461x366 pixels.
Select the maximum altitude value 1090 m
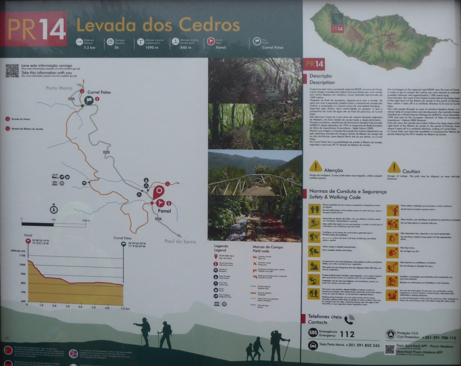[151, 47]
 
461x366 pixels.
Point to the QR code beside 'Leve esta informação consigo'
[12, 70]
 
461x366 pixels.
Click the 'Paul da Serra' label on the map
[180, 241]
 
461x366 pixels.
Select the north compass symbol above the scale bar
[53, 209]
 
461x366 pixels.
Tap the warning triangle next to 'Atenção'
[316, 166]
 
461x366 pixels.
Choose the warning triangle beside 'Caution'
[394, 167]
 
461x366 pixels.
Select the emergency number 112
[347, 334]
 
